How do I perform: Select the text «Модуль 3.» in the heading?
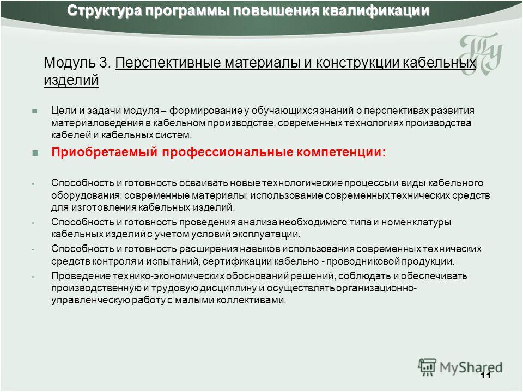click(x=77, y=62)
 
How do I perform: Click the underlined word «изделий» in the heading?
click(x=71, y=81)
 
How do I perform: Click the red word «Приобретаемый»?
click(x=105, y=152)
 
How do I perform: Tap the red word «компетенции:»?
click(x=341, y=152)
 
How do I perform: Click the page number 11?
click(x=486, y=375)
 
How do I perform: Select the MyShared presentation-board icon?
click(x=427, y=366)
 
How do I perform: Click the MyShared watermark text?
click(x=471, y=367)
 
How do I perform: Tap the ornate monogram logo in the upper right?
click(x=481, y=53)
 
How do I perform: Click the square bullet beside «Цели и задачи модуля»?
click(x=34, y=111)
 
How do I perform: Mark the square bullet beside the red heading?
click(x=35, y=153)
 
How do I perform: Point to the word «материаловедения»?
click(x=98, y=123)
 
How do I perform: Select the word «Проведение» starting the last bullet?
click(x=81, y=276)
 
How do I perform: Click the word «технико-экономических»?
click(x=168, y=276)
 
